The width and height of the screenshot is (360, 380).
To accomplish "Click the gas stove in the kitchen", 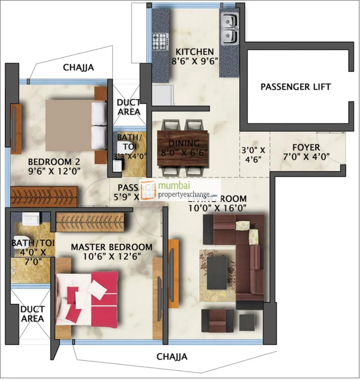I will click(x=160, y=42).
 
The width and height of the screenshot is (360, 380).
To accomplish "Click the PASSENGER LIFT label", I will click(x=295, y=87).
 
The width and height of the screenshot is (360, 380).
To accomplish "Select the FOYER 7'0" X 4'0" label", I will click(x=306, y=152).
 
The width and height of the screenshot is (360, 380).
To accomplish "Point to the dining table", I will click(x=183, y=148).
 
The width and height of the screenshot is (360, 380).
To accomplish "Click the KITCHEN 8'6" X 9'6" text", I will click(x=195, y=56).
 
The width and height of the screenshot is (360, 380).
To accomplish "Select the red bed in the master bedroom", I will click(x=87, y=299).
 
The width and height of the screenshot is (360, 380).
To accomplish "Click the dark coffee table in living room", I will click(x=217, y=273).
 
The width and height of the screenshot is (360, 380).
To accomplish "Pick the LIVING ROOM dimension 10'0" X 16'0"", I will click(x=217, y=208).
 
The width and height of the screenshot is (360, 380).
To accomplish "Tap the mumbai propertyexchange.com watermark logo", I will click(x=180, y=190).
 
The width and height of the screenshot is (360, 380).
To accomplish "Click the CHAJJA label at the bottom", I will click(x=172, y=357).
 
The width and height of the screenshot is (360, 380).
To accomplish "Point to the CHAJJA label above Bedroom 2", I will click(x=78, y=67).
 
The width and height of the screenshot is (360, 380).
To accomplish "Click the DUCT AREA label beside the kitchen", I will click(x=129, y=107).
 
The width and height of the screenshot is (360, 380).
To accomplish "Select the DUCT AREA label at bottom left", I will click(x=32, y=314).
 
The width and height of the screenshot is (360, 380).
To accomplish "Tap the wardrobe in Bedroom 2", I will click(x=44, y=197).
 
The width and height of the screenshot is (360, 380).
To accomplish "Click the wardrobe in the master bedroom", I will click(x=90, y=223).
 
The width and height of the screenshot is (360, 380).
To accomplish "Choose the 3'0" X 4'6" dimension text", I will click(x=253, y=155).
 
